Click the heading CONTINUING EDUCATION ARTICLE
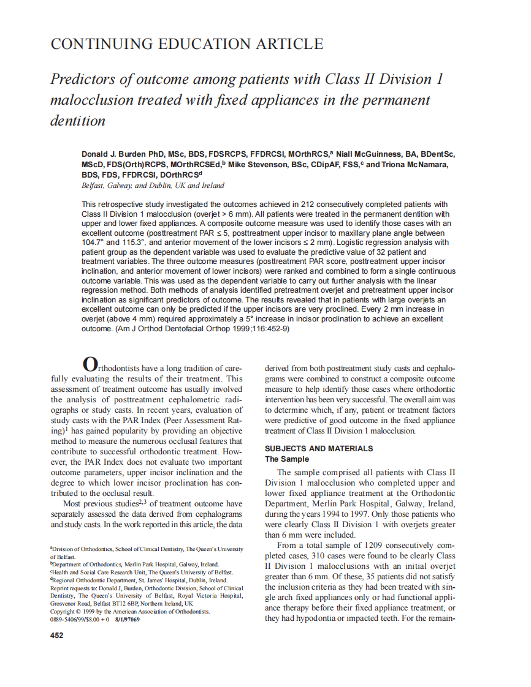tap(186, 44)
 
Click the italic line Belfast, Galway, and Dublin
tap(153, 185)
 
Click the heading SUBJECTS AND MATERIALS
tap(318, 448)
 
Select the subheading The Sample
tap(286, 459)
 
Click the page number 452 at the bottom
tap(56, 635)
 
